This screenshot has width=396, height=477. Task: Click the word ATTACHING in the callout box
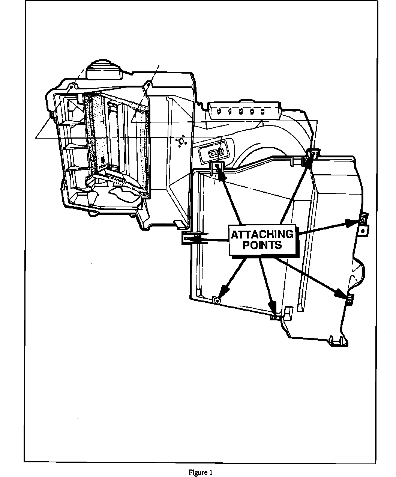coord(262,234)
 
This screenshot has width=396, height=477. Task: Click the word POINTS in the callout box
coord(262,245)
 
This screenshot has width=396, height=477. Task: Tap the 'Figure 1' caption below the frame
coord(200,472)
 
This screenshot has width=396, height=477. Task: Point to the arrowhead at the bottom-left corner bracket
coord(224,290)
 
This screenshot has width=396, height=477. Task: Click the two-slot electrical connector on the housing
coord(217,153)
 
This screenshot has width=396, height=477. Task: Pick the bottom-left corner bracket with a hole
coord(216,299)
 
